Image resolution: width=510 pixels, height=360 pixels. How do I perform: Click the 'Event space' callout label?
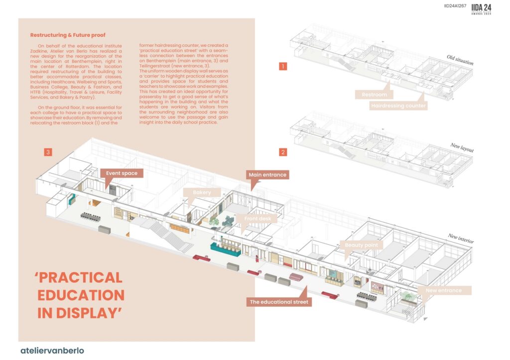(x=122, y=173)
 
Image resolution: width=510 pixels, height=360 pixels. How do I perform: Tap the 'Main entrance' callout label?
(x=268, y=175)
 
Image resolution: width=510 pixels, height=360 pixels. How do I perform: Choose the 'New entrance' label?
(x=443, y=290)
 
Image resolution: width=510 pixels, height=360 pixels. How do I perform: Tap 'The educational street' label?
(x=279, y=302)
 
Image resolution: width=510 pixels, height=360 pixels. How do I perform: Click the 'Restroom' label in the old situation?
(x=374, y=94)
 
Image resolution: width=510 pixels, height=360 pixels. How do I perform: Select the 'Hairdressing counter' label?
(x=398, y=106)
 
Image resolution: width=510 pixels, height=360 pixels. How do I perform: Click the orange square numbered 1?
(x=283, y=66)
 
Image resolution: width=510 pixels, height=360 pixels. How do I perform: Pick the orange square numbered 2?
(x=283, y=152)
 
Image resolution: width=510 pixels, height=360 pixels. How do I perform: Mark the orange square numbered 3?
(x=48, y=152)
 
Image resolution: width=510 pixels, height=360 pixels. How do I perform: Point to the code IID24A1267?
(x=455, y=6)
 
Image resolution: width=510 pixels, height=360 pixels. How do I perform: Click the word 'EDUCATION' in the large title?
(x=81, y=295)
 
